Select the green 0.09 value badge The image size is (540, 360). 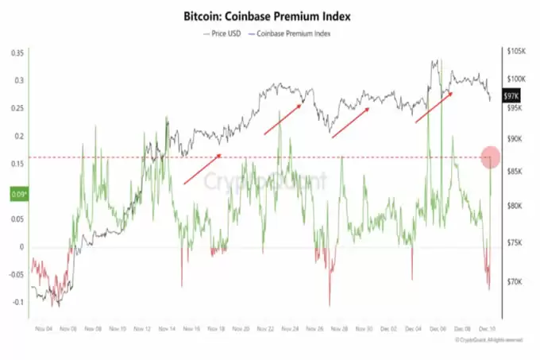[x=17, y=192]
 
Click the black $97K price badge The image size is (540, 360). [x=518, y=94]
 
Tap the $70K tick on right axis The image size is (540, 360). [x=517, y=281]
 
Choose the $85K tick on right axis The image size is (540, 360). [x=517, y=172]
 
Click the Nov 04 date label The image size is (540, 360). [x=44, y=328]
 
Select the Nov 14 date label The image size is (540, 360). [x=168, y=328]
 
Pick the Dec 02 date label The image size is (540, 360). [x=390, y=328]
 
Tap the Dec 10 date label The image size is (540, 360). [x=488, y=328]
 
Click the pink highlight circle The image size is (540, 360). [x=491, y=157]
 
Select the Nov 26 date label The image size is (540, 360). [x=315, y=328]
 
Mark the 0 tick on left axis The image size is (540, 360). [x=22, y=247]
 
